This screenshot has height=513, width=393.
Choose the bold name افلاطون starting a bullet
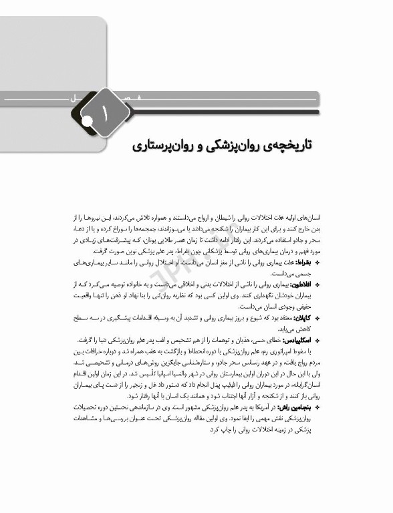[x=305, y=284]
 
